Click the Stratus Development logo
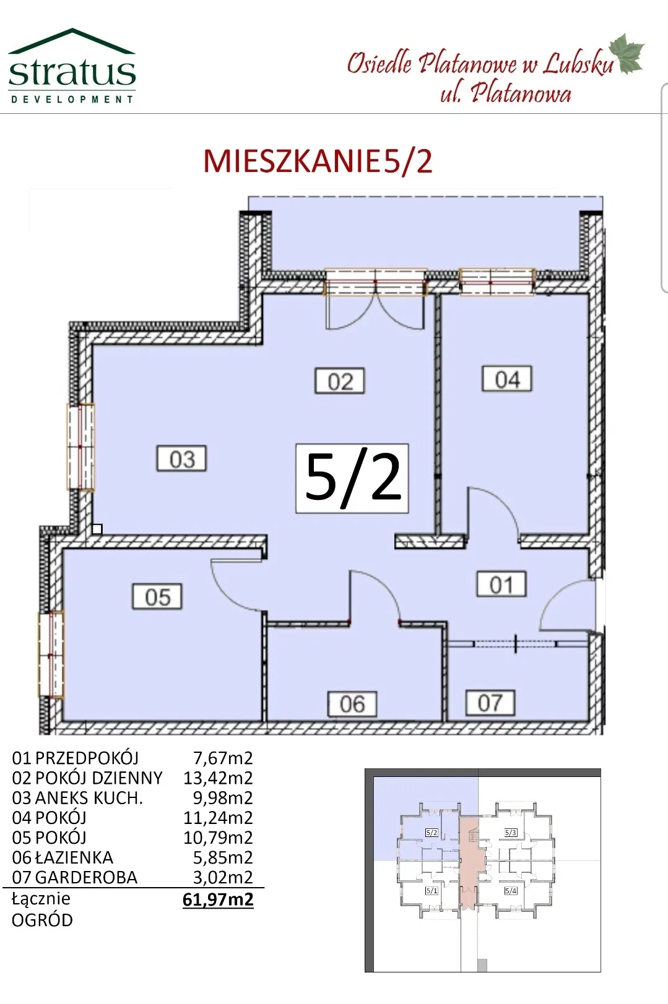pyautogui.click(x=72, y=66)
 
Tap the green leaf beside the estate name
pyautogui.click(x=627, y=53)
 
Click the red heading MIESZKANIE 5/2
pyautogui.click(x=318, y=161)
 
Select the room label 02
pyautogui.click(x=340, y=381)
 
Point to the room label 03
pyautogui.click(x=181, y=458)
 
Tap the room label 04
pyautogui.click(x=507, y=379)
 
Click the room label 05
pyautogui.click(x=157, y=596)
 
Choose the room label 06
pyautogui.click(x=352, y=704)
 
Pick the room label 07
pyautogui.click(x=490, y=703)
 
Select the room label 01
pyautogui.click(x=501, y=585)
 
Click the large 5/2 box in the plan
pyautogui.click(x=352, y=478)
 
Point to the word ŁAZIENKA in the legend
pyautogui.click(x=74, y=857)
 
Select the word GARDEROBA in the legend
pyautogui.click(x=86, y=878)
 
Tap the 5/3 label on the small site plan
pyautogui.click(x=511, y=832)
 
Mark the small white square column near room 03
pyautogui.click(x=97, y=529)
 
